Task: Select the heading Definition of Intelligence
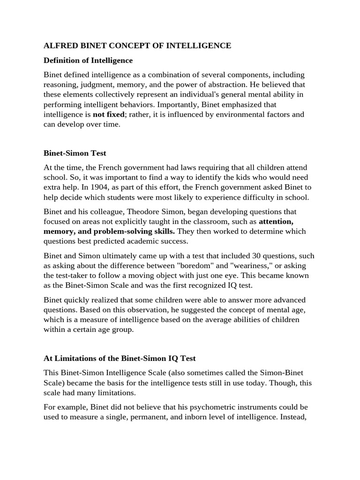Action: [x=88, y=60]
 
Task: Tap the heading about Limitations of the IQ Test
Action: [x=120, y=358]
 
